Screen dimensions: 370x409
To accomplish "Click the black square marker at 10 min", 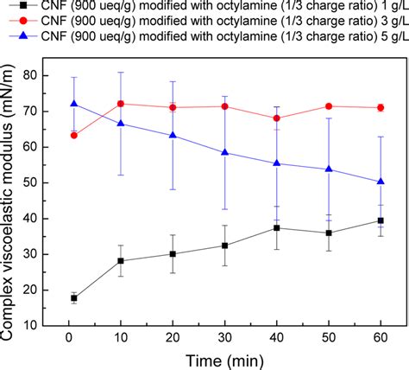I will pyautogui.click(x=120, y=260).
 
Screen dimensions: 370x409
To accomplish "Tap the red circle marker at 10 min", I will pyautogui.click(x=120, y=104).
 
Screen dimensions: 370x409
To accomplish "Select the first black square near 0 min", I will pyautogui.click(x=73, y=298).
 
